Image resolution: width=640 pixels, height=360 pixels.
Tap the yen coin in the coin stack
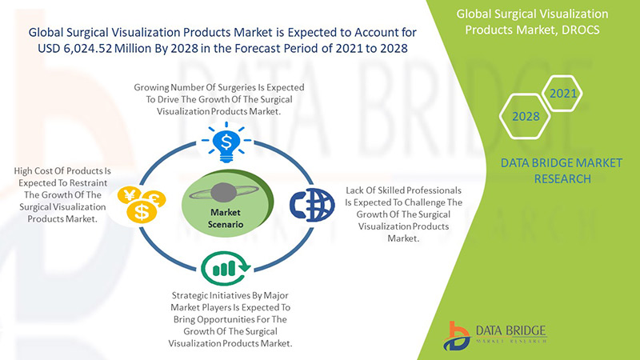pos(129,195)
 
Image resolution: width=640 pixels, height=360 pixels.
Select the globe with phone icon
pos(312,205)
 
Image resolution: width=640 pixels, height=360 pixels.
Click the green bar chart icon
pos(225,268)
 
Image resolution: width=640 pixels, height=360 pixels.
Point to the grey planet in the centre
pos(224,192)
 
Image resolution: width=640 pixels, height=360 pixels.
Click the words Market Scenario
pos(226,218)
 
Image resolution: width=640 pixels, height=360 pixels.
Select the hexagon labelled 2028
pos(525,116)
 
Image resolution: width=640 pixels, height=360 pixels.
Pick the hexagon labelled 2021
pos(563,94)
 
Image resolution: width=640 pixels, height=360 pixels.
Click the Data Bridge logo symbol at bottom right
pos(456,336)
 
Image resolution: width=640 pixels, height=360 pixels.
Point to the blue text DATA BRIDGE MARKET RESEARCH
pos(562,170)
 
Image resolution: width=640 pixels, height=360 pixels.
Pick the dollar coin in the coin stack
pos(142,212)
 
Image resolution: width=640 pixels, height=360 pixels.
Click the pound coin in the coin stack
pos(154,199)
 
